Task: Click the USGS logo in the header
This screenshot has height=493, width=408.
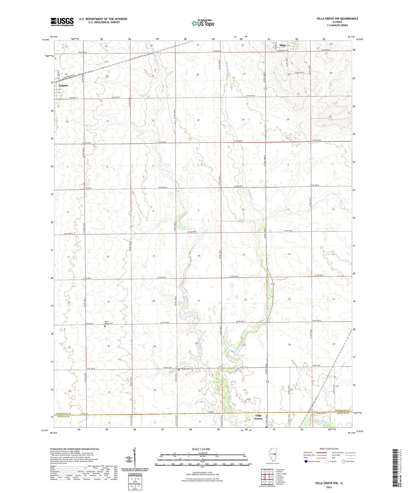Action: click(62, 22)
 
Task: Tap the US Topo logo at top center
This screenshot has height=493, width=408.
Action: click(202, 23)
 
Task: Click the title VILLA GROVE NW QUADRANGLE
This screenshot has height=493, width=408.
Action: click(337, 19)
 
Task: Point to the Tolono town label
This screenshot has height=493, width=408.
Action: click(64, 85)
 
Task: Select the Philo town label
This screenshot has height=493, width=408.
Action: click(283, 45)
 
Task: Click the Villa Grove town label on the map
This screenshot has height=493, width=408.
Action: click(258, 417)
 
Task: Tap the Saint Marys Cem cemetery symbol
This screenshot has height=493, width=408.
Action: click(105, 326)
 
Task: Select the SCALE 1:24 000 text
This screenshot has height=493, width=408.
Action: click(200, 449)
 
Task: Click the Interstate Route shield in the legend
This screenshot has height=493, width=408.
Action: click(306, 461)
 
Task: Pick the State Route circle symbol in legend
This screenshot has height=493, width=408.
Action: click(343, 461)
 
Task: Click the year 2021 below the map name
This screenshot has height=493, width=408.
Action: click(329, 487)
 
